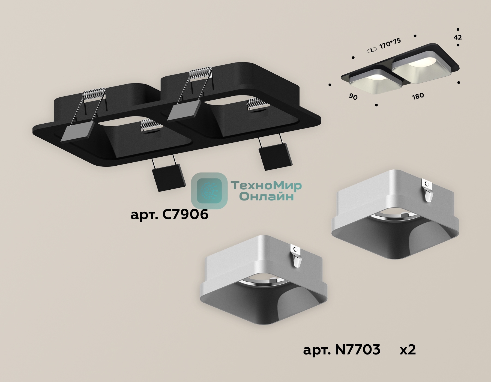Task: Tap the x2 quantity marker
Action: (x=408, y=350)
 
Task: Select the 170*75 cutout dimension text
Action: (x=390, y=43)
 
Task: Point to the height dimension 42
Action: (x=458, y=37)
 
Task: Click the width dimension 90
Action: (x=353, y=97)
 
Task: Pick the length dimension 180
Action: (x=418, y=96)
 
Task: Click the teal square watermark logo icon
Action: (x=209, y=191)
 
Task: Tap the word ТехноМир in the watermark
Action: (x=266, y=186)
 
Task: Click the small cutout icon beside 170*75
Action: (x=372, y=50)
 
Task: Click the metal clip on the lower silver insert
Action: (x=296, y=256)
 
